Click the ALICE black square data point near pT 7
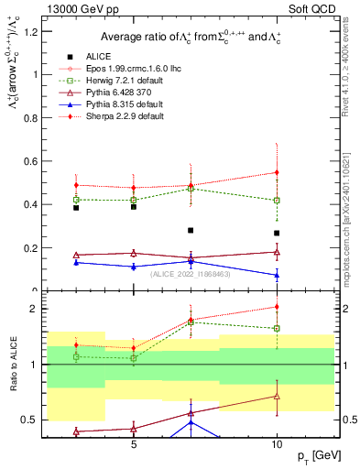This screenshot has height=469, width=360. click(x=191, y=231)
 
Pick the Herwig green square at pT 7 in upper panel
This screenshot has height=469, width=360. click(x=191, y=189)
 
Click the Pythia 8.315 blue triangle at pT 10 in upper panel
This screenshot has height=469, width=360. click(x=277, y=275)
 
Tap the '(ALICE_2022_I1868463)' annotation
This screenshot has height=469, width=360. click(x=190, y=273)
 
